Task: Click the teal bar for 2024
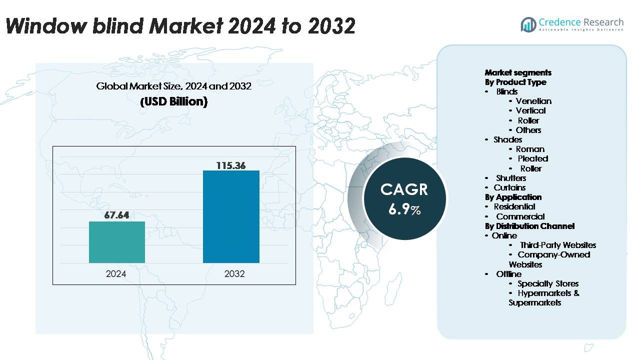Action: tap(117, 242)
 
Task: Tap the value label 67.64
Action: tap(117, 215)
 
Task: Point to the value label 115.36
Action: tap(231, 165)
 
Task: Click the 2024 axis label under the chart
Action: tap(116, 273)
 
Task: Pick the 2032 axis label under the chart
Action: tap(234, 273)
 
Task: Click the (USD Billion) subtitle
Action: tap(173, 101)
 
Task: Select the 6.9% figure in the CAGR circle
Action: tap(404, 209)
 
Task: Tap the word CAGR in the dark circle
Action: tap(404, 189)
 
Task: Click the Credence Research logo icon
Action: tap(528, 24)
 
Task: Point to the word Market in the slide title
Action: tap(172, 25)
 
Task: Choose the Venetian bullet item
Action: tap(533, 101)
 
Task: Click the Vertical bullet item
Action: tap(530, 110)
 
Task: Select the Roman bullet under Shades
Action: tap(530, 149)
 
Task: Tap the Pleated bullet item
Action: tap(532, 158)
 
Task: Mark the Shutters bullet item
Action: tap(511, 178)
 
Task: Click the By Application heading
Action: tap(513, 197)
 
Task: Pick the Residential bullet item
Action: tap(514, 206)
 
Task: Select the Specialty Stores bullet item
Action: tap(548, 283)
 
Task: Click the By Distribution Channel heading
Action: tap(529, 226)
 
